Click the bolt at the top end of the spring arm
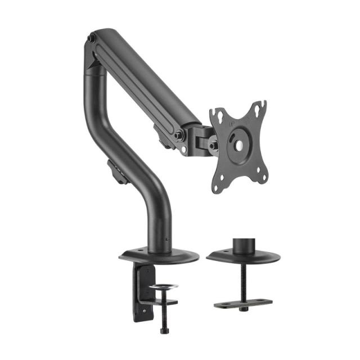(91, 40)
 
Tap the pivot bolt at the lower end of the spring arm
(179, 135)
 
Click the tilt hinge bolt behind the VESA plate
(213, 145)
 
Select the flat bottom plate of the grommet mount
(242, 303)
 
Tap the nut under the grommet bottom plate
(243, 309)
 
